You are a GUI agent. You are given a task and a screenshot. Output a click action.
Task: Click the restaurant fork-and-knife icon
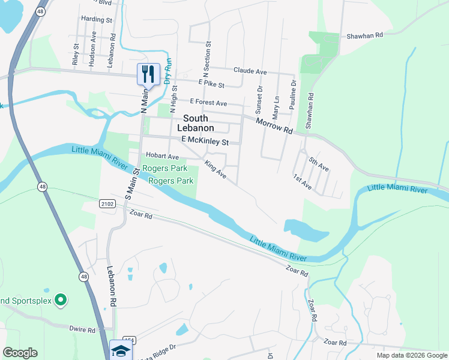tap(148, 74)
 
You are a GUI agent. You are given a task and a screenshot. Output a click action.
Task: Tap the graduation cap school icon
tap(120, 350)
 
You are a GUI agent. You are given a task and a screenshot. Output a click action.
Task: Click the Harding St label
tap(97, 20)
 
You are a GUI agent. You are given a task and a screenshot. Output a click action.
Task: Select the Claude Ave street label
tap(250, 71)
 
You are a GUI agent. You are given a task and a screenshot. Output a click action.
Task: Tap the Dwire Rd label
tap(82, 329)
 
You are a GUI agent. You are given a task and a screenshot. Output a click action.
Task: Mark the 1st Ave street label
tap(303, 182)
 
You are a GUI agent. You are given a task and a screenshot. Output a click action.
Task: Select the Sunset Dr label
tap(260, 100)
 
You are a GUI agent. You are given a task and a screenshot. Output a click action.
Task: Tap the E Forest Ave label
tap(209, 103)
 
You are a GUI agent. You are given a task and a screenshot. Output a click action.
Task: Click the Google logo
tap(20, 353)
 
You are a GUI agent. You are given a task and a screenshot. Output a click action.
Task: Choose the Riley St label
tap(76, 54)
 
